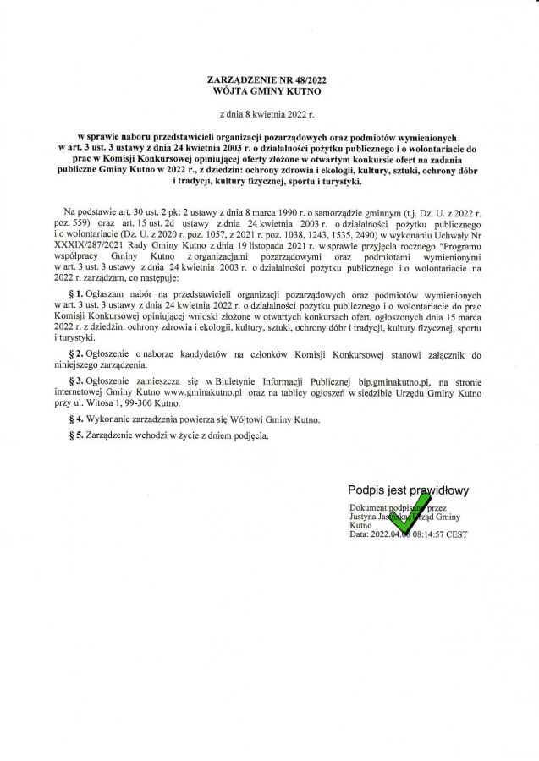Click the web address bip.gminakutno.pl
pyautogui.click(x=395, y=382)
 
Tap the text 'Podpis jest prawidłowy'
pyautogui.click(x=407, y=490)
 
